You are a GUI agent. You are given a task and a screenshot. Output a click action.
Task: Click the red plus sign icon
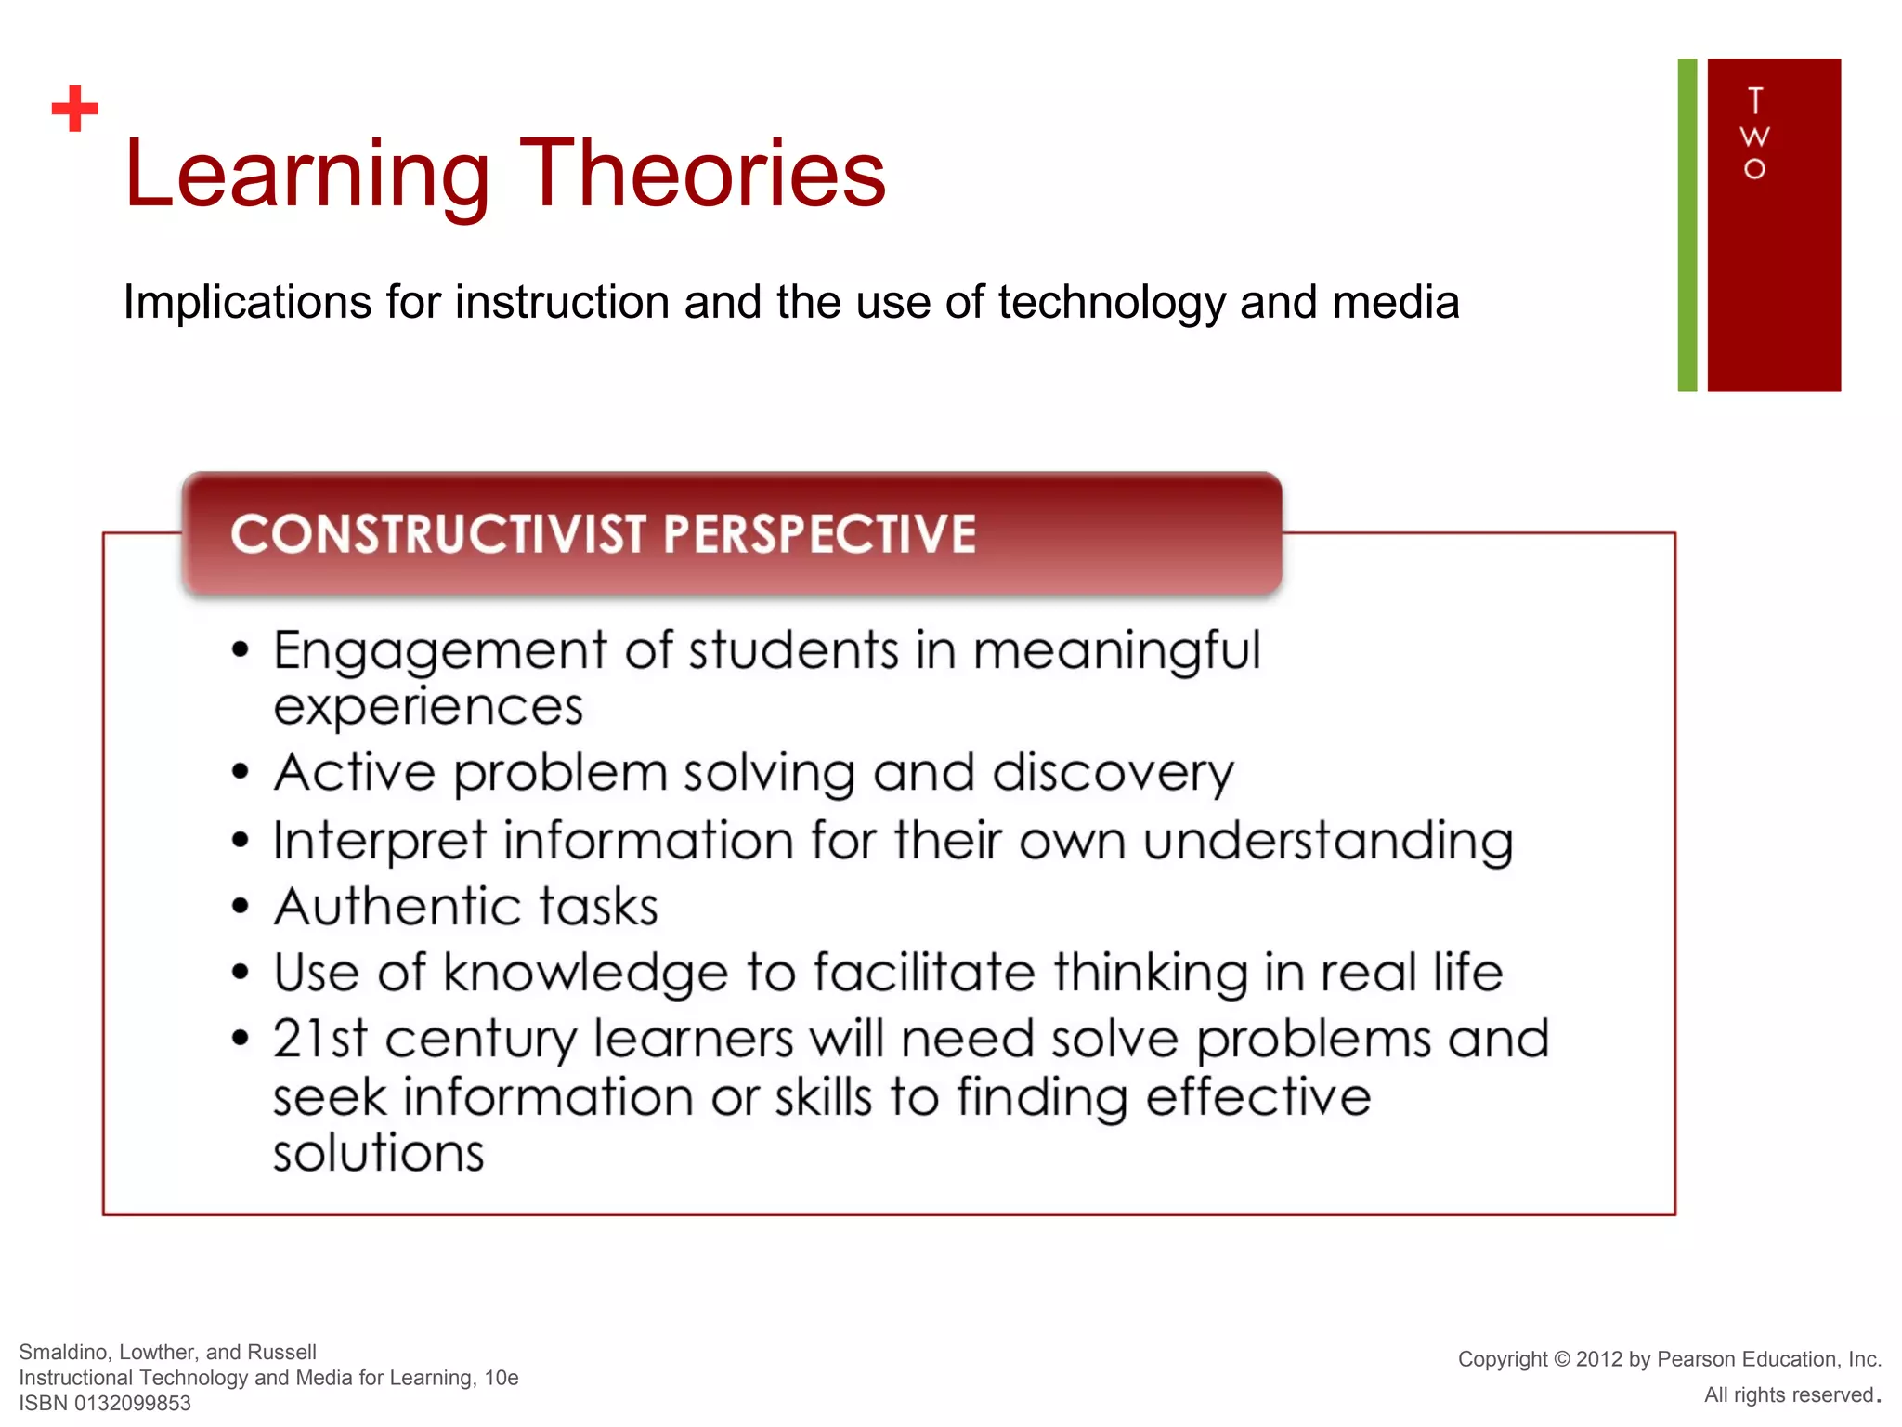(75, 109)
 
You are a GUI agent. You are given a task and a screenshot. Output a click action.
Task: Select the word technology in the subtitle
(1112, 303)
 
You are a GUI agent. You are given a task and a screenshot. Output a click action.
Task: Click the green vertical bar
(1687, 225)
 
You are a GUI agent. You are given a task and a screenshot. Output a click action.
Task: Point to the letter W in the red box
(1754, 137)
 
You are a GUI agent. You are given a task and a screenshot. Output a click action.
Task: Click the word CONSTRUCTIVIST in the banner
(438, 534)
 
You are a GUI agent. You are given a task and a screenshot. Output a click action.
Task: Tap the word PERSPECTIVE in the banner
(819, 534)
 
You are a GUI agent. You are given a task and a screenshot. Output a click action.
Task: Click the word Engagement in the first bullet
(440, 650)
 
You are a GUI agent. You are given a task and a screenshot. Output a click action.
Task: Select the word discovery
(1113, 773)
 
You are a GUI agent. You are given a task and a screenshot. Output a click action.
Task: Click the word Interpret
(379, 841)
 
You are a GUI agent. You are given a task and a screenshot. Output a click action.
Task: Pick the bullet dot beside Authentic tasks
(241, 906)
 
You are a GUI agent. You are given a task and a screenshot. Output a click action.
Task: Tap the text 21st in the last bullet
(319, 1039)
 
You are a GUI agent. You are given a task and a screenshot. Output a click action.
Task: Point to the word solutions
(379, 1153)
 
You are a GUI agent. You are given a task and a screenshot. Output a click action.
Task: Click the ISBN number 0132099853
(132, 1403)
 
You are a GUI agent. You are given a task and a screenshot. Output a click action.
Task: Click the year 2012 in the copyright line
(1598, 1359)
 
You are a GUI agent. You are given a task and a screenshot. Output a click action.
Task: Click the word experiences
(428, 707)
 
